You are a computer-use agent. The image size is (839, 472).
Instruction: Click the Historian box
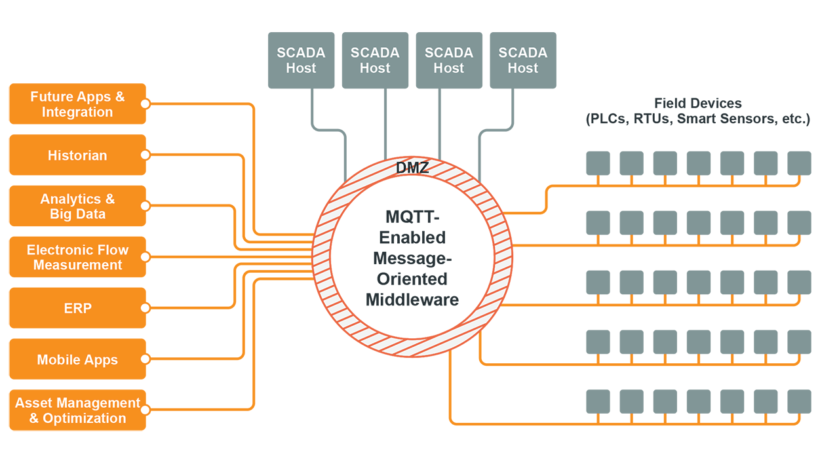click(77, 155)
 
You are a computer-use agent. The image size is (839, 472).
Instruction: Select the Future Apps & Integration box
click(77, 104)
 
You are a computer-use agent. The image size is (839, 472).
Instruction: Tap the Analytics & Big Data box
click(77, 206)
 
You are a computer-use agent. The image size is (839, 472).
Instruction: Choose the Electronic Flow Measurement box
click(77, 258)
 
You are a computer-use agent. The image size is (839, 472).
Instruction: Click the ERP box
click(77, 308)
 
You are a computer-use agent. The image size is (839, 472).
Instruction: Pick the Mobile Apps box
click(77, 359)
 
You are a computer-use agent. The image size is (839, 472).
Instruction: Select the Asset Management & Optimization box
click(77, 410)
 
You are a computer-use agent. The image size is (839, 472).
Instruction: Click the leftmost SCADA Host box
click(301, 60)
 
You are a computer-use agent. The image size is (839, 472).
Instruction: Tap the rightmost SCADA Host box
click(522, 60)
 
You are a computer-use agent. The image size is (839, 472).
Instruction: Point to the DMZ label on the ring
click(412, 168)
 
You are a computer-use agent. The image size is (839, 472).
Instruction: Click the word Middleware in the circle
click(412, 300)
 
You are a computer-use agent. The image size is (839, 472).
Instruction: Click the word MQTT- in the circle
click(412, 216)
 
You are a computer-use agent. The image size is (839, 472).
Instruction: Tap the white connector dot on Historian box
click(146, 155)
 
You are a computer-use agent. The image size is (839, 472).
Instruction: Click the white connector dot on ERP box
click(146, 308)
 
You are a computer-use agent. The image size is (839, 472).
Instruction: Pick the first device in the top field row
click(598, 163)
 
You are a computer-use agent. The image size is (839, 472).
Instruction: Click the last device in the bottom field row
click(799, 401)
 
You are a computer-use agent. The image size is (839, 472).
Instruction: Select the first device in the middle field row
click(598, 283)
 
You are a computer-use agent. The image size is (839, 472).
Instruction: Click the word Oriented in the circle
click(412, 279)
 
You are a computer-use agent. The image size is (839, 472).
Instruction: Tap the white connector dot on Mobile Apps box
click(146, 359)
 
